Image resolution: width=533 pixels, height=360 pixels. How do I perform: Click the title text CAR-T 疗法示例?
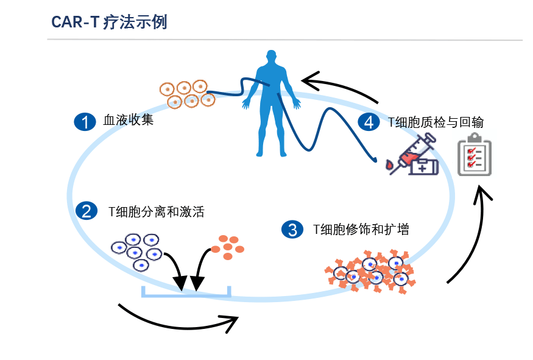tap(110, 23)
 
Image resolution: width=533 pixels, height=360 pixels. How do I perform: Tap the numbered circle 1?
tap(85, 121)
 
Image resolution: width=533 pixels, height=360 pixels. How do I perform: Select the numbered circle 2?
tap(85, 211)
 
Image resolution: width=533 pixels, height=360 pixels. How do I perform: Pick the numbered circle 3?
tap(292, 230)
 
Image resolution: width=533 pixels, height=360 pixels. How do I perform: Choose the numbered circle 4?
tap(368, 122)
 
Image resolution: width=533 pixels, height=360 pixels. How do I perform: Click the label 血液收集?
tap(128, 120)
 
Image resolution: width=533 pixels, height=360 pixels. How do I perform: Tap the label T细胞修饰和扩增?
tap(361, 230)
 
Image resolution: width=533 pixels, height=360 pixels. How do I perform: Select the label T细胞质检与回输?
tap(436, 122)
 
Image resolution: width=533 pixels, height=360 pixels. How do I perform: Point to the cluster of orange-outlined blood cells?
tap(188, 93)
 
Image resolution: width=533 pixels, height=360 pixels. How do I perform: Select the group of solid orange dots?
tap(228, 246)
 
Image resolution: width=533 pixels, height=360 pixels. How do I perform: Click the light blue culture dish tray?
tap(186, 293)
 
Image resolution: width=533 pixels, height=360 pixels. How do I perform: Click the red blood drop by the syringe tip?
tap(390, 164)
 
